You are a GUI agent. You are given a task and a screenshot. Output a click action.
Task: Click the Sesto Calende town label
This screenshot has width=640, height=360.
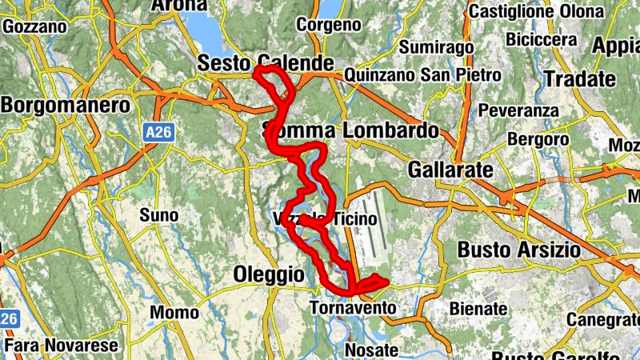265,62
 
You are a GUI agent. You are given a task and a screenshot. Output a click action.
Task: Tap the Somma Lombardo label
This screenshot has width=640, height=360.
351,130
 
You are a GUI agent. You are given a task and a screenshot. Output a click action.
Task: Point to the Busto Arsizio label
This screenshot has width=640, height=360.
518,250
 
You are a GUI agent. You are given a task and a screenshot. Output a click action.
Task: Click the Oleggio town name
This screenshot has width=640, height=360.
269,274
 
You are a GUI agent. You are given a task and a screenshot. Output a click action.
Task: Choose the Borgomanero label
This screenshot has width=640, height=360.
66,106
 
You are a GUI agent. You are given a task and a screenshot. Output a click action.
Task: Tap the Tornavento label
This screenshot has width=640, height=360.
353,308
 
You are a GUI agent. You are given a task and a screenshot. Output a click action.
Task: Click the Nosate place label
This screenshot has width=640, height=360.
371,350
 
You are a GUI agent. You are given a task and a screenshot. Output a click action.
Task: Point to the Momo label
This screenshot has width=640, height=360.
174,312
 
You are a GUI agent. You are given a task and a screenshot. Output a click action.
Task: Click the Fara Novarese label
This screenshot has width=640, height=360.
62,346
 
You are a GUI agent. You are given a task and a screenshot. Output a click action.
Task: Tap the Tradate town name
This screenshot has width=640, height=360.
580,79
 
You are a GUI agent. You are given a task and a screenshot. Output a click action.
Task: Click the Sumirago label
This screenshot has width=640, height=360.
436,47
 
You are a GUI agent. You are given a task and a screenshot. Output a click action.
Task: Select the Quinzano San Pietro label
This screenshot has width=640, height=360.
422,75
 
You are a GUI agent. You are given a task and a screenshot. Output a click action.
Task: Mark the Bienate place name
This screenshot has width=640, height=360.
478,308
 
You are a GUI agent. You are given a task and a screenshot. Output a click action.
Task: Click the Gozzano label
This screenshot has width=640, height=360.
34,26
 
